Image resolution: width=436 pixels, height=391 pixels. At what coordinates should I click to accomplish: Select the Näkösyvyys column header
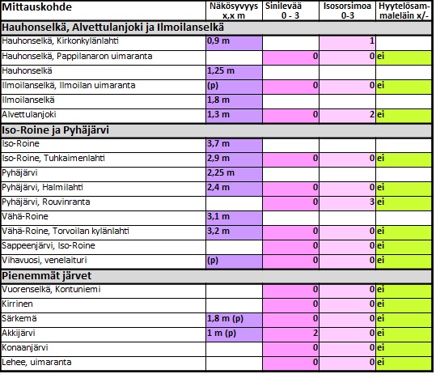pyautogui.click(x=234, y=11)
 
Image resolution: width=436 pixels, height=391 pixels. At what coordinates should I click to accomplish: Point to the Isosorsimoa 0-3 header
pyautogui.click(x=347, y=11)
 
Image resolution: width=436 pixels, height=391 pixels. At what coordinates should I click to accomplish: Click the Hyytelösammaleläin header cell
pyautogui.click(x=404, y=11)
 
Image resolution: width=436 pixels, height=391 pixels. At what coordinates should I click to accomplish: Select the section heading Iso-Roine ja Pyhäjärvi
pyautogui.click(x=55, y=130)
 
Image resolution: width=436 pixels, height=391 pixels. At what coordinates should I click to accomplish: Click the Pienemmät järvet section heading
pyautogui.click(x=46, y=276)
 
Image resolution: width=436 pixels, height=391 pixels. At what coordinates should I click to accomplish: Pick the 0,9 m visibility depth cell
pyautogui.click(x=234, y=43)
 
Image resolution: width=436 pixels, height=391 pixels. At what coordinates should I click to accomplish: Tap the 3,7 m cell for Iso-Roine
pyautogui.click(x=234, y=145)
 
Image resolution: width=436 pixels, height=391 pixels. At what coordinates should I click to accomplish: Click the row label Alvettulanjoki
pyautogui.click(x=29, y=114)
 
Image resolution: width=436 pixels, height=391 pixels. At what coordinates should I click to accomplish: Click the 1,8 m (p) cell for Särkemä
pyautogui.click(x=234, y=320)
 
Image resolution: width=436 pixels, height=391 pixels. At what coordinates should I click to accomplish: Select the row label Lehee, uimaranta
pyautogui.click(x=36, y=362)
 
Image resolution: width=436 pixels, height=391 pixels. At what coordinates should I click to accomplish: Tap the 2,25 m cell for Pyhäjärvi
pyautogui.click(x=234, y=174)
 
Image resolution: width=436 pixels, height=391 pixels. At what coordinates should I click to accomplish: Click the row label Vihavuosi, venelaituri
pyautogui.click(x=44, y=260)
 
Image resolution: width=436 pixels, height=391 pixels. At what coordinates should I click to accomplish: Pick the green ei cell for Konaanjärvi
pyautogui.click(x=404, y=349)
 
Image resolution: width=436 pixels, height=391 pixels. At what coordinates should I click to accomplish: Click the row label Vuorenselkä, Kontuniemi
pyautogui.click(x=51, y=290)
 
